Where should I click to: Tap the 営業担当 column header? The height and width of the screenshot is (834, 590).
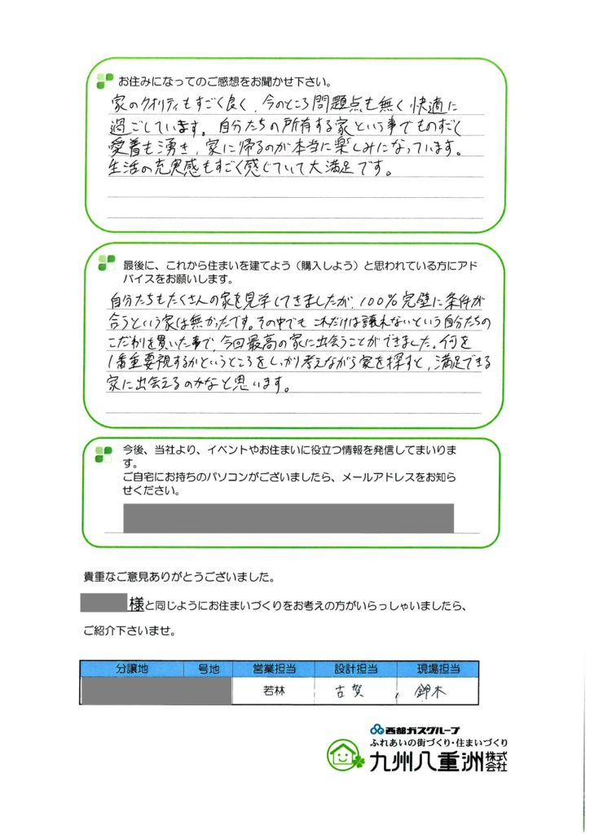tap(272, 669)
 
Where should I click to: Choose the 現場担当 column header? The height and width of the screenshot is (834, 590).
tap(439, 669)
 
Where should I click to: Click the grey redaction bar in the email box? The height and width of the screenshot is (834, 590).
tap(288, 519)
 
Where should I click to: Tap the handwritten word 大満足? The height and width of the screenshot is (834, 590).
tap(368, 172)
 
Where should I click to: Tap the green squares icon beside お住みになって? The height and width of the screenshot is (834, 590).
tap(105, 81)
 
